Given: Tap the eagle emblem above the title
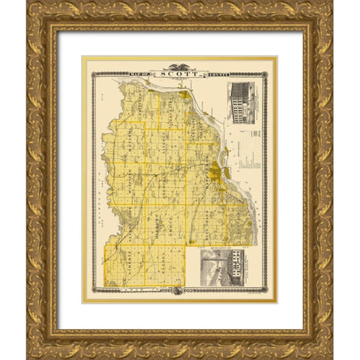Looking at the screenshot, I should (x=179, y=66).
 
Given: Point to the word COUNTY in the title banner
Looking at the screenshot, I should (x=213, y=73).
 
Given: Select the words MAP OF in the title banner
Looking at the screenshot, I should (x=141, y=73).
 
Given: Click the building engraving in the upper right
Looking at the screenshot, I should (x=241, y=100).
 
